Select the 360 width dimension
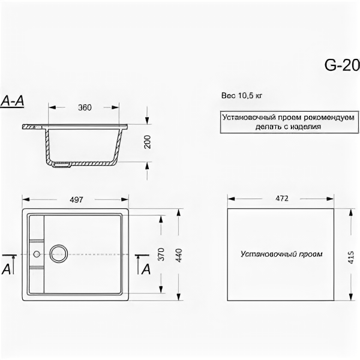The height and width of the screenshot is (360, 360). coord(85,107)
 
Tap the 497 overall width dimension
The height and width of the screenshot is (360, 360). coord(76,199)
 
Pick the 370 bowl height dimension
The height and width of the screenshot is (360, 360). coord(160,254)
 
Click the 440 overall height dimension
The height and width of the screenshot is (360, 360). coord(178,253)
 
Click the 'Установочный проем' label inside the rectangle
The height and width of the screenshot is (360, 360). coord(281,254)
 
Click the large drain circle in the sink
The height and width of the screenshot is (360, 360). coord(59,254)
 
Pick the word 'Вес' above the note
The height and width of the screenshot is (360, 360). coord(227,95)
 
